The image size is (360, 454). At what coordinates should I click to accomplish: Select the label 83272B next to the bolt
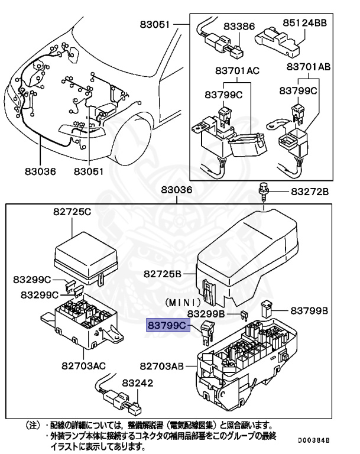309,192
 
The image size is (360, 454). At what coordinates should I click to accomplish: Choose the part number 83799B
309,310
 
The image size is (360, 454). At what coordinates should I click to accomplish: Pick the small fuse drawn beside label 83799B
266,309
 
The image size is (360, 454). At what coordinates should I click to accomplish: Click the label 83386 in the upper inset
239,26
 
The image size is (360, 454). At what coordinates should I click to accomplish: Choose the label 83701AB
308,67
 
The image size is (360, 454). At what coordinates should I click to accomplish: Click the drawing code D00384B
313,440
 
